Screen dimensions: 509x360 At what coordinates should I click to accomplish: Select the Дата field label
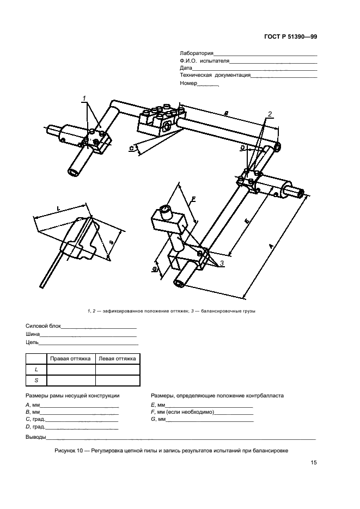(x=186, y=68)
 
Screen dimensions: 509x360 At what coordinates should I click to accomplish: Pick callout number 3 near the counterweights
(x=222, y=262)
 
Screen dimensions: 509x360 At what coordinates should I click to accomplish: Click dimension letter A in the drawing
(x=271, y=247)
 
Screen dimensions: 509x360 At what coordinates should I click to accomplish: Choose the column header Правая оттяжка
(x=71, y=359)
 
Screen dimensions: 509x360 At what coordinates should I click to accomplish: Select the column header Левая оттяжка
(x=118, y=359)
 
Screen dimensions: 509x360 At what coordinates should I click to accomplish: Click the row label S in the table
(x=36, y=381)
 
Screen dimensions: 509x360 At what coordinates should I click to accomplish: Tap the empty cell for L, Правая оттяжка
(x=71, y=370)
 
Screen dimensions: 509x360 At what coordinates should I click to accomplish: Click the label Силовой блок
(x=43, y=327)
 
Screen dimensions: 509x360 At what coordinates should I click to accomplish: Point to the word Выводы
(x=35, y=438)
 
